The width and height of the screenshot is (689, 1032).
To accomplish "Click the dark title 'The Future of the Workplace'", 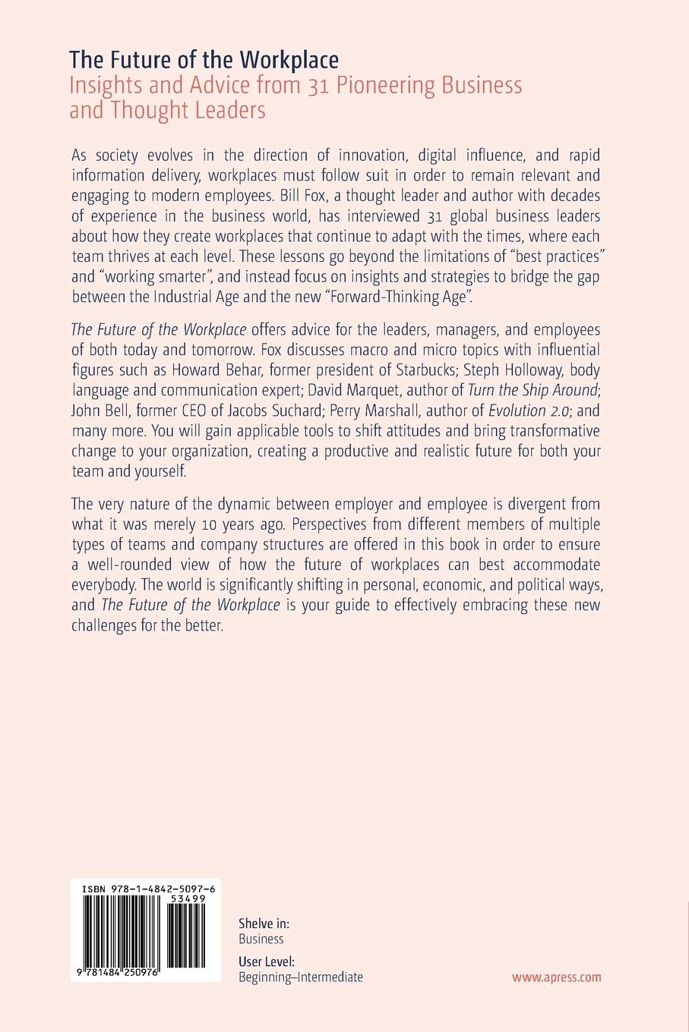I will (204, 60).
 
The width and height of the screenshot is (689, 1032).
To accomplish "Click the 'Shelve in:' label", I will (264, 923).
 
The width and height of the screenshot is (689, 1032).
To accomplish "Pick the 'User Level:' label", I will (267, 961).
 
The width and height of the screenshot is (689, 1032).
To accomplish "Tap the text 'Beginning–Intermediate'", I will (300, 977).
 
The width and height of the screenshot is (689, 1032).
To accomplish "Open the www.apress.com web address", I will (556, 977).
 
